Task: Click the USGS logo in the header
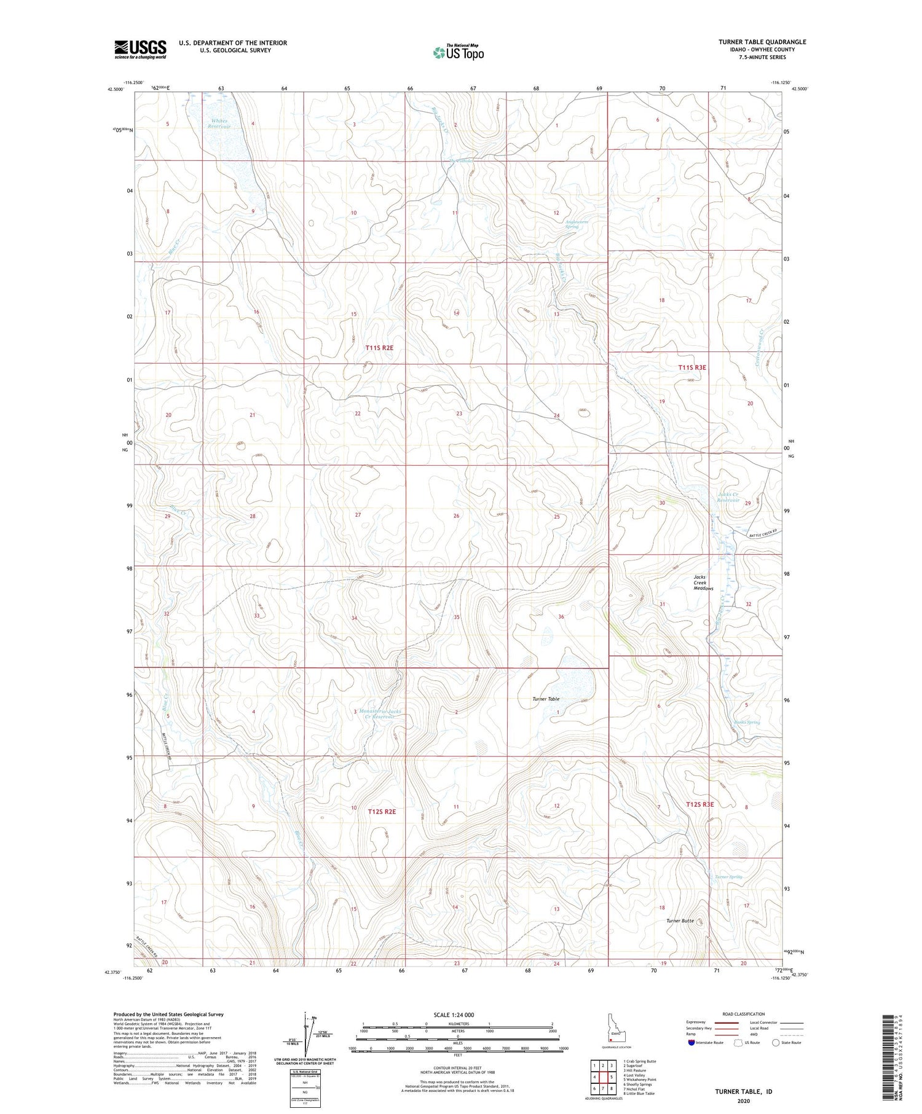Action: coord(140,49)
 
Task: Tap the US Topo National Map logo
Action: coord(458,52)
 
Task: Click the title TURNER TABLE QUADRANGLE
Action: coord(762,42)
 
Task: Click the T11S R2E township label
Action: coord(379,348)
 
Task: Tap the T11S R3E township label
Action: coord(692,367)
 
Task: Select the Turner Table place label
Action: coord(546,699)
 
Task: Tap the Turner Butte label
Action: coord(680,920)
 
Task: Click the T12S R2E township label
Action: coord(382,811)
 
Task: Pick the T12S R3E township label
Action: coord(700,804)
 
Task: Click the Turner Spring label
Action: coord(728,877)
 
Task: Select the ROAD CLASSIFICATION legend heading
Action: coord(743,1014)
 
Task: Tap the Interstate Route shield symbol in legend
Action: coord(691,1042)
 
